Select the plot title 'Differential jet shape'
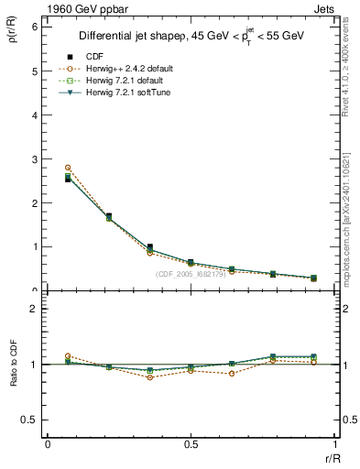click(137, 37)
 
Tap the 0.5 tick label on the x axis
click(191, 444)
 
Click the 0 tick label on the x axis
click(48, 444)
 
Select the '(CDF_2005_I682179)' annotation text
click(193, 274)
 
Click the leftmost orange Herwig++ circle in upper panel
click(68, 168)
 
